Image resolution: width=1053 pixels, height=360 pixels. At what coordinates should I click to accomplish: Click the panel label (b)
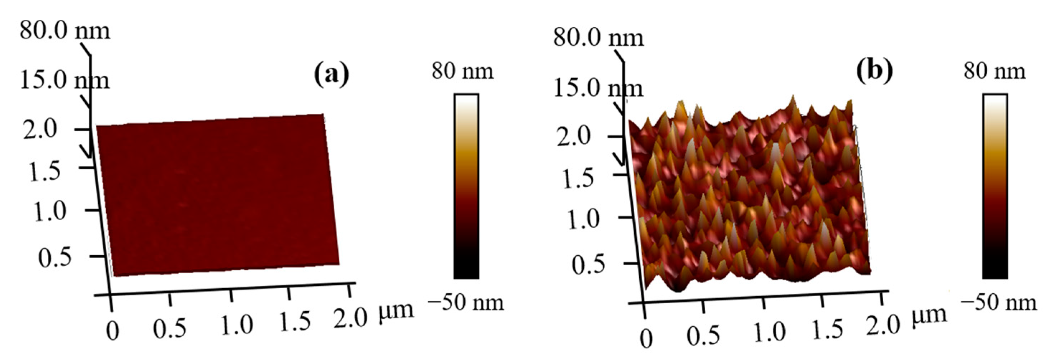point(874,71)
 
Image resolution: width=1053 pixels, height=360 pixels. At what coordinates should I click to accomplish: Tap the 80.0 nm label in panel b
point(598,38)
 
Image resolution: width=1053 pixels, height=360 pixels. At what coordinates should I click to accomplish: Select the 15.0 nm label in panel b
point(598,88)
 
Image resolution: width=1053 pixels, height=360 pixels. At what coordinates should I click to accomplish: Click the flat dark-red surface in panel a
point(217,196)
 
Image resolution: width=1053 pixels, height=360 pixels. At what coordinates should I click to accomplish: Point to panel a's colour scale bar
point(466,186)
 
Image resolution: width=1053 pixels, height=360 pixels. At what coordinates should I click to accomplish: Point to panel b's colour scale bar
point(995,186)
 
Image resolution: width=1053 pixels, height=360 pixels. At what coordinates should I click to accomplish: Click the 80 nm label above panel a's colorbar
point(462,71)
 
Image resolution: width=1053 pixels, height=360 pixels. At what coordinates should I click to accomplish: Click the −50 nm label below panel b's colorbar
point(998,303)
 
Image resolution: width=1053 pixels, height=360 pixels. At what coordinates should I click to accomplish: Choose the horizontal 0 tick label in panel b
point(646,339)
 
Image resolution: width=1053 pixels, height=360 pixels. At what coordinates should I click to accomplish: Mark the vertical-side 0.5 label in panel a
point(55,258)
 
